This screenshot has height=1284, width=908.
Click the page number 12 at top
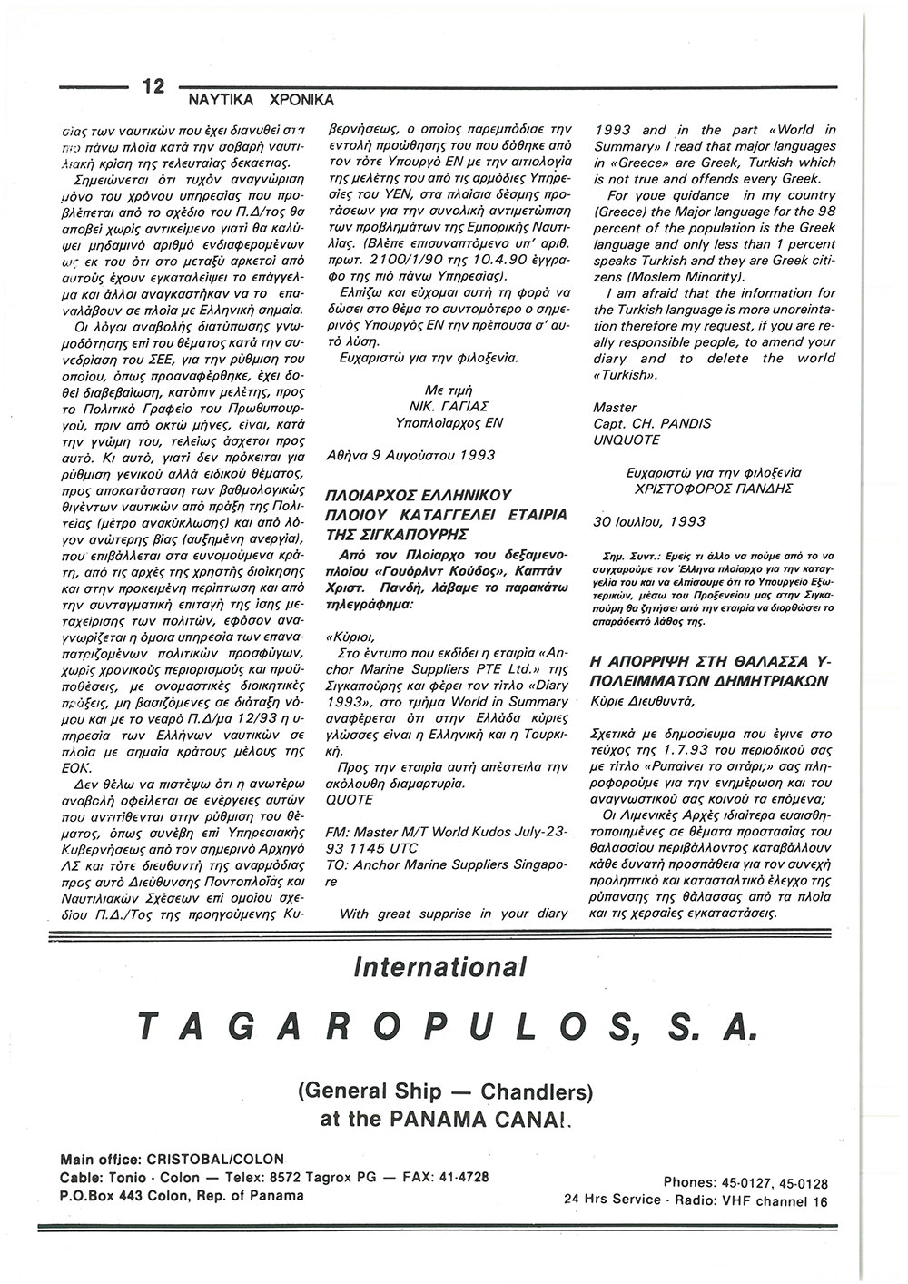tap(153, 86)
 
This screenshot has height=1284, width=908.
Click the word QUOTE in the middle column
tap(349, 799)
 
